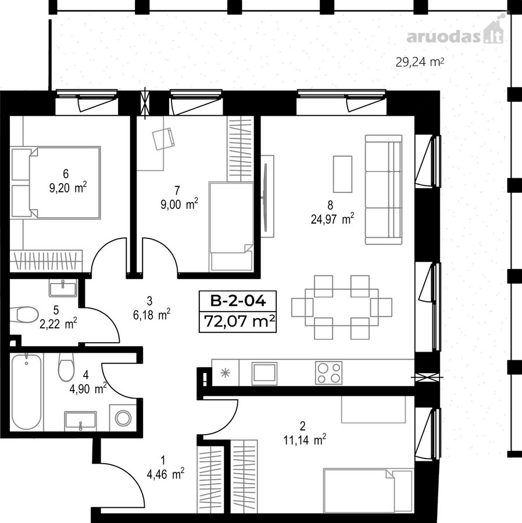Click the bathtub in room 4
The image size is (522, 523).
(26, 392)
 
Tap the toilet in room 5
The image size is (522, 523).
(24, 315)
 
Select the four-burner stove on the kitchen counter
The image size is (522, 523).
(328, 372)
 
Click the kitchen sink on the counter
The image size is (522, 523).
(264, 372)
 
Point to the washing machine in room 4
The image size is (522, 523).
(123, 418)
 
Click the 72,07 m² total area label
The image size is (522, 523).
(239, 321)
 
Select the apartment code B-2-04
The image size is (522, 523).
(238, 301)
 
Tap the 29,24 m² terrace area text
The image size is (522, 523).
(420, 62)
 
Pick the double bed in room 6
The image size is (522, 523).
(55, 183)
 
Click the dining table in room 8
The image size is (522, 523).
(342, 307)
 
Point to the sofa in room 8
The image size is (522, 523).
(384, 189)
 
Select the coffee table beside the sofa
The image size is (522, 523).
(342, 174)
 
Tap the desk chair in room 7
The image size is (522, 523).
(163, 138)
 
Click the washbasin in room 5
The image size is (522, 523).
(63, 288)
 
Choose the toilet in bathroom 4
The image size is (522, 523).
(66, 367)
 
